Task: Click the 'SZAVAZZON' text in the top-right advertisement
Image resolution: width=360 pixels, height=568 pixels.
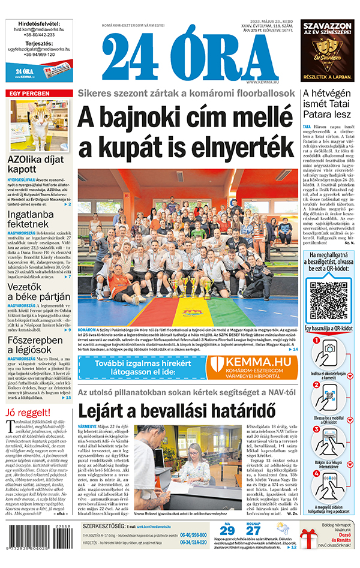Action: [327, 26]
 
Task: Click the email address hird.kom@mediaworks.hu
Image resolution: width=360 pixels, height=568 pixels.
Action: [38, 29]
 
